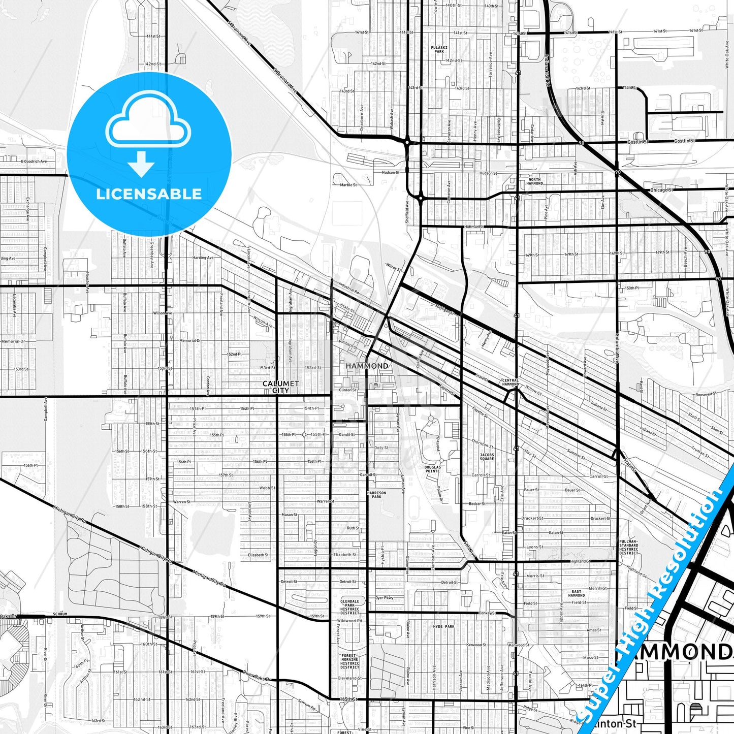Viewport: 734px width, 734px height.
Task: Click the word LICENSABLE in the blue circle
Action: [x=149, y=194]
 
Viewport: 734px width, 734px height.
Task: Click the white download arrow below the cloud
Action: [x=141, y=163]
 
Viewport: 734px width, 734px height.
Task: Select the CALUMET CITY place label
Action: [x=280, y=387]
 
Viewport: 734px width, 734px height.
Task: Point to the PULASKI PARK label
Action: [x=439, y=49]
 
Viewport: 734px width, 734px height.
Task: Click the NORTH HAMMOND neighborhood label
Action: [x=535, y=181]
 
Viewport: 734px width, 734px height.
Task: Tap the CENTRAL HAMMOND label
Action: [x=510, y=382]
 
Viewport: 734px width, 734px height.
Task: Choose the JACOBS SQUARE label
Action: [x=487, y=457]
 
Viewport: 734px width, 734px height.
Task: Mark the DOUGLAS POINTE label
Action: [x=432, y=469]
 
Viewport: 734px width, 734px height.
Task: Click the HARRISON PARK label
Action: [x=376, y=494]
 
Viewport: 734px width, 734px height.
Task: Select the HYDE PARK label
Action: [x=443, y=627]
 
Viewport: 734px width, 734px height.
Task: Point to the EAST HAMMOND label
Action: [x=577, y=593]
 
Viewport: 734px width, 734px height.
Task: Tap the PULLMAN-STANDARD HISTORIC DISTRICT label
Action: [x=628, y=547]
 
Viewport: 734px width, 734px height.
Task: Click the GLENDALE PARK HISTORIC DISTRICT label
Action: [x=349, y=607]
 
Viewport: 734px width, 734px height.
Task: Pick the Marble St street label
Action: [x=348, y=185]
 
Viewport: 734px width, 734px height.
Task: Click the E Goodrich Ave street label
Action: [x=34, y=162]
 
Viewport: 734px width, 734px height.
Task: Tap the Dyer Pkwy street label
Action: [x=385, y=598]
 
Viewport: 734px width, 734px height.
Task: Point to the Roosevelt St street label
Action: [x=706, y=394]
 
